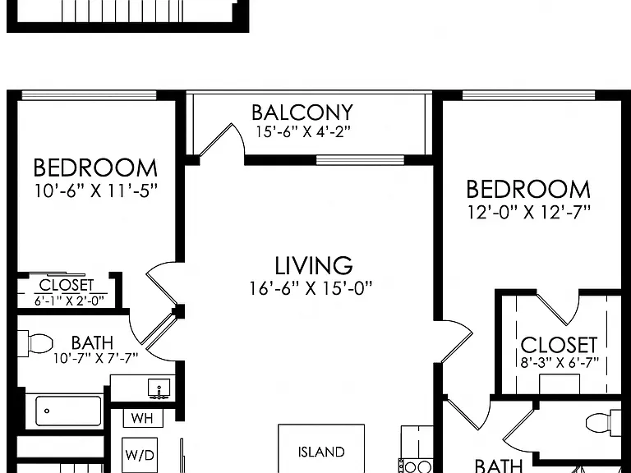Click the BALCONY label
point(302,113)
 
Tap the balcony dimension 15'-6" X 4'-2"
point(303,132)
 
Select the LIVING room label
point(314,265)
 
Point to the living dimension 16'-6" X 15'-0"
point(311,288)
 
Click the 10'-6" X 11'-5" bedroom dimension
point(95,191)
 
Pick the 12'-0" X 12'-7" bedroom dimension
point(529,212)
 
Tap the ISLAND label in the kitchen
point(321,452)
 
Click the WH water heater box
point(142,418)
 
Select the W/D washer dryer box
point(140,455)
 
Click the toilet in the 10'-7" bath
point(36,343)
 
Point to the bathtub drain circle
point(47,411)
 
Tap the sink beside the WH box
point(159,388)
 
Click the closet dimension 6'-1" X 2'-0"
point(69,301)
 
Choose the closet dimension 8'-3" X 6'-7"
point(560,363)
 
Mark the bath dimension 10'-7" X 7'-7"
point(96,358)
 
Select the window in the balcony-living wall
point(360,160)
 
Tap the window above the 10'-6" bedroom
point(89,95)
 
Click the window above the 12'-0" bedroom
point(529,95)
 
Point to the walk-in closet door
point(552,309)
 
